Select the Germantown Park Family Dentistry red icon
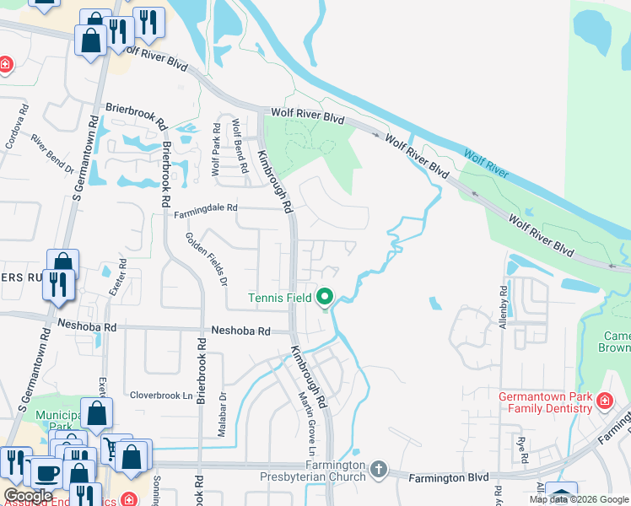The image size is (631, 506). point(604,400)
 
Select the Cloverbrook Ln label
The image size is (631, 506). point(161,394)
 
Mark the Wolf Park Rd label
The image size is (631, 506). point(216,149)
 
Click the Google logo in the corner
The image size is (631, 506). point(28,496)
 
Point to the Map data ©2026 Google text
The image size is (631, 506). point(579,499)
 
